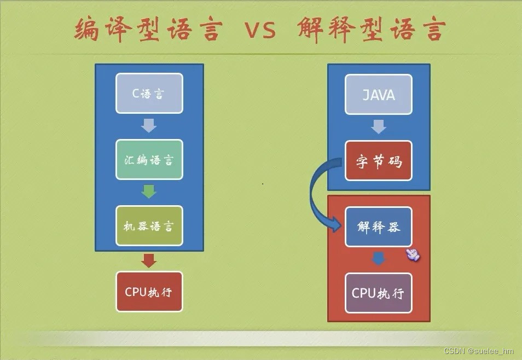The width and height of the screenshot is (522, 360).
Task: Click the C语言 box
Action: click(x=149, y=94)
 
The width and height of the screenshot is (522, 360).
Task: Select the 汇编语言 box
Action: click(x=149, y=160)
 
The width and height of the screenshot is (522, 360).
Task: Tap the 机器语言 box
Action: click(x=149, y=225)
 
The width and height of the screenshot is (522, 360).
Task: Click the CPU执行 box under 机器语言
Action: click(x=149, y=292)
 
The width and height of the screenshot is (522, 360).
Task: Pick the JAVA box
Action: click(x=379, y=95)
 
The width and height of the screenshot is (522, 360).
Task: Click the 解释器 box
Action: click(x=379, y=227)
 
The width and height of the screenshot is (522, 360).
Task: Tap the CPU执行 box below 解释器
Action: click(x=379, y=293)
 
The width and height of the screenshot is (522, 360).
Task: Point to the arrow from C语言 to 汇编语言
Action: click(x=149, y=126)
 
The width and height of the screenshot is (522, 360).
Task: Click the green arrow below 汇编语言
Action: click(x=149, y=192)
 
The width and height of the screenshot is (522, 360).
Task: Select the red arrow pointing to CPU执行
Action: click(x=149, y=260)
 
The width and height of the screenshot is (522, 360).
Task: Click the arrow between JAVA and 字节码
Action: click(x=379, y=127)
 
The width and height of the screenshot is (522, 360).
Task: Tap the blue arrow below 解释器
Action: click(x=379, y=258)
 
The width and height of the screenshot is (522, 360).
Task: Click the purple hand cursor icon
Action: click(x=413, y=254)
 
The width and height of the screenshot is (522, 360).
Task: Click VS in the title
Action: click(x=260, y=31)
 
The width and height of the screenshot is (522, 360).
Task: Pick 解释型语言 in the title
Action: click(x=372, y=30)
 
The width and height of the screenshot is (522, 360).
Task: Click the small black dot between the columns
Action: click(x=263, y=184)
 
